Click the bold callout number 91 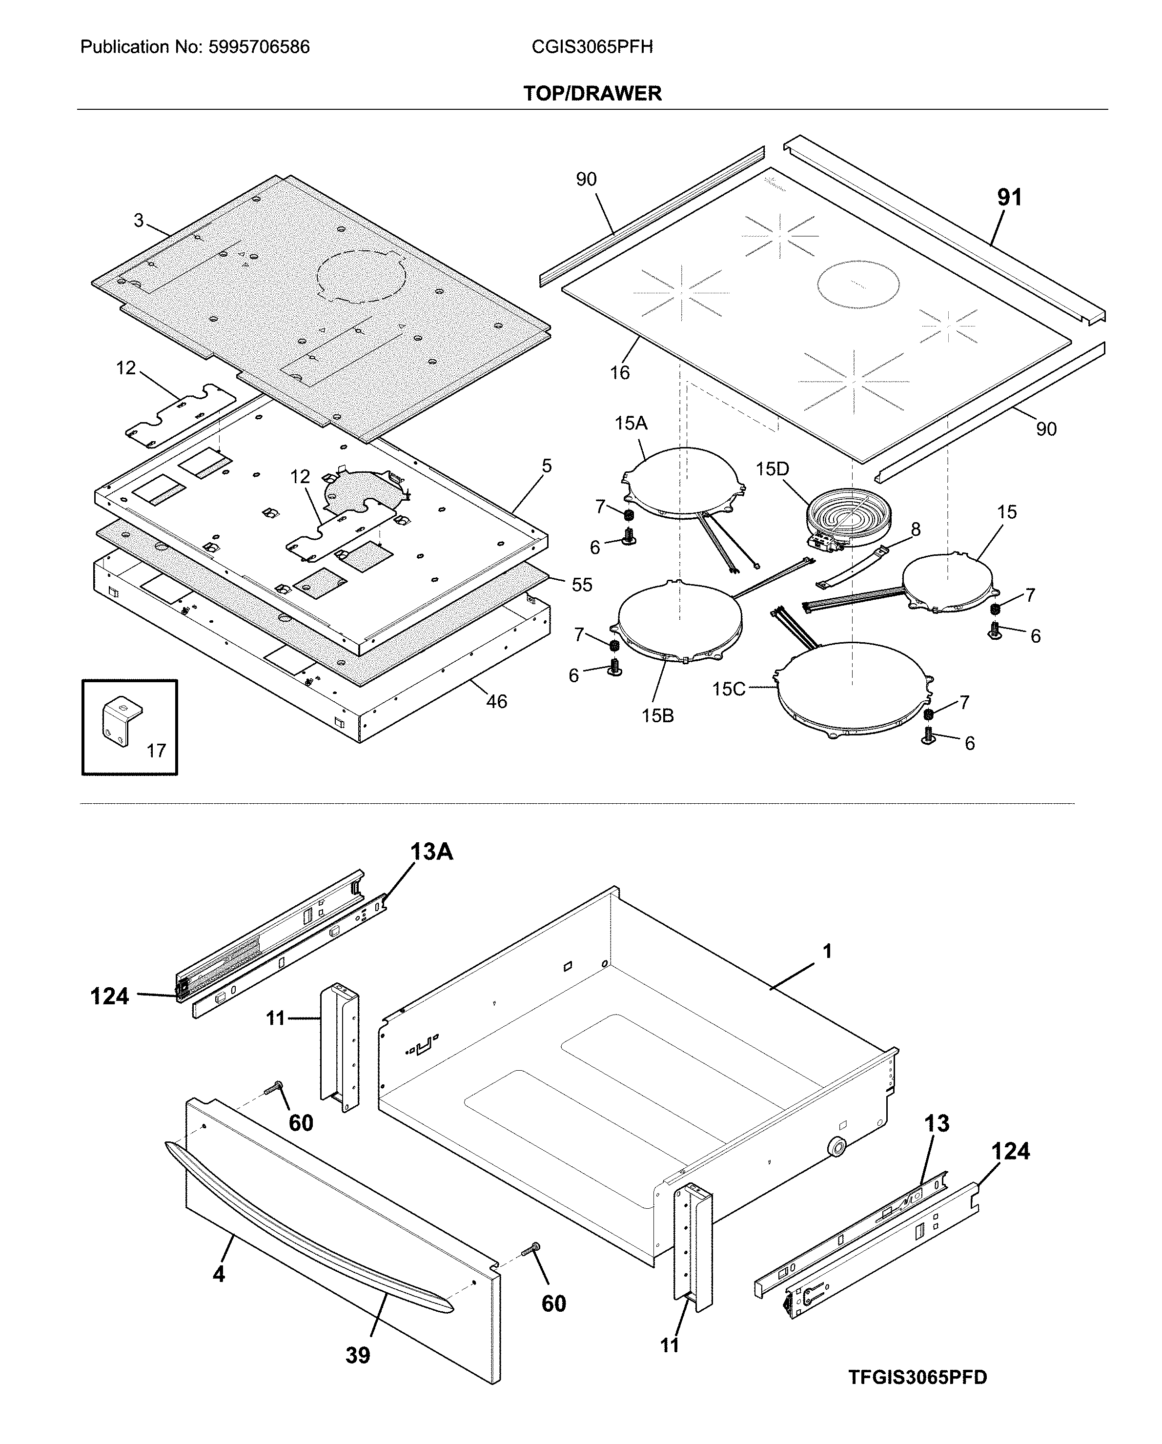pyautogui.click(x=1009, y=197)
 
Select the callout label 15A pyautogui.click(x=631, y=423)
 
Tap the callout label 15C pyautogui.click(x=728, y=689)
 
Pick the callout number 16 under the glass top pyautogui.click(x=619, y=372)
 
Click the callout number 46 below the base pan pyautogui.click(x=496, y=701)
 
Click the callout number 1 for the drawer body pyautogui.click(x=827, y=951)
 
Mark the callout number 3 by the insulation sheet pyautogui.click(x=139, y=221)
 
